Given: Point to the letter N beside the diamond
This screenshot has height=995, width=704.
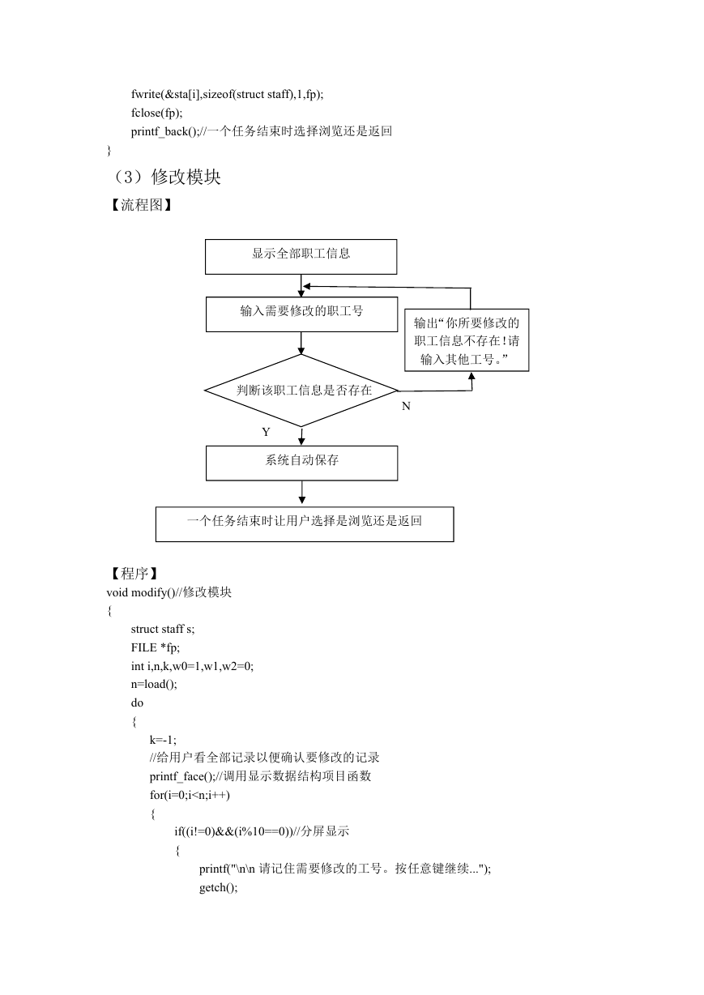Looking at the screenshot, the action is (x=406, y=406).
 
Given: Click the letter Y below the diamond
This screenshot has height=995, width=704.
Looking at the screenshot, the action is (x=266, y=432).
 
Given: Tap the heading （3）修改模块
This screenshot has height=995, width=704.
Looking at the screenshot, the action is (x=164, y=177).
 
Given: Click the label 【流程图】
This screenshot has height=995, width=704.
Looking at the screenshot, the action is (x=141, y=205).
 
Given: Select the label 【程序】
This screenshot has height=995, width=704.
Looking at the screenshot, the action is (x=134, y=574).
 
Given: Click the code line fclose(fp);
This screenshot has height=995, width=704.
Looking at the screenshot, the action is (x=157, y=113).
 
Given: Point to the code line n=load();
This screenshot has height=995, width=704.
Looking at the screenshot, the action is (x=154, y=684).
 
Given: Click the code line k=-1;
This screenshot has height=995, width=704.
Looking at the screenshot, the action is (x=163, y=740).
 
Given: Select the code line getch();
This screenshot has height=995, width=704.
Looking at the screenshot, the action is (x=219, y=887).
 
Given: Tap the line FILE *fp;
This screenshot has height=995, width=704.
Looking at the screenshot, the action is (x=156, y=647).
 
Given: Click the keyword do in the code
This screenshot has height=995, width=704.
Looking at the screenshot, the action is (x=137, y=702).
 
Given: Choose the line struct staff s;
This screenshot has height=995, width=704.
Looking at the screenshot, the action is (x=163, y=629).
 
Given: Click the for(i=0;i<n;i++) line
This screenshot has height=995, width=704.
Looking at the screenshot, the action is (x=190, y=795).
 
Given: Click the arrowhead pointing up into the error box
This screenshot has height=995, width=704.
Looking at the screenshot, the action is (x=471, y=376).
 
